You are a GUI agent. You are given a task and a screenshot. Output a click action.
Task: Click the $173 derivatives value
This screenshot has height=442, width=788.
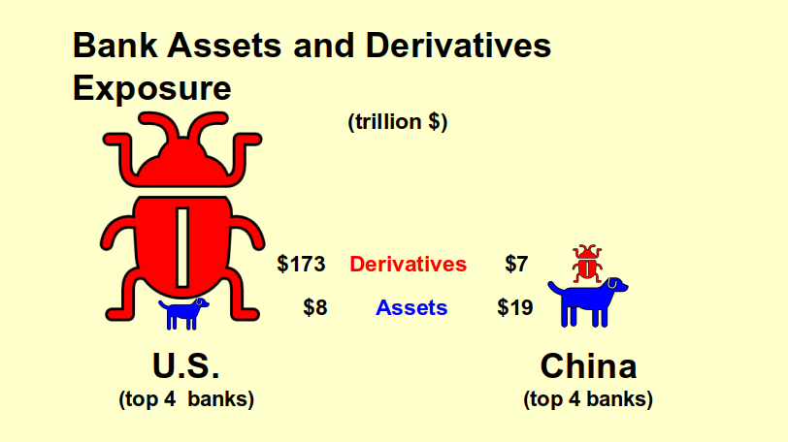(x=301, y=264)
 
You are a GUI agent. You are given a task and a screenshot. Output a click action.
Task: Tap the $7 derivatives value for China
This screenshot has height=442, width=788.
(x=516, y=264)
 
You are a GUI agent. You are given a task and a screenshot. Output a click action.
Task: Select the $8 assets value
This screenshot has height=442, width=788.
(x=315, y=307)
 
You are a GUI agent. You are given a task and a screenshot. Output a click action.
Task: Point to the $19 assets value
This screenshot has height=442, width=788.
(x=515, y=307)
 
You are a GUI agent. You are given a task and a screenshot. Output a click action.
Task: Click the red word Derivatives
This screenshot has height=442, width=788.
(x=408, y=264)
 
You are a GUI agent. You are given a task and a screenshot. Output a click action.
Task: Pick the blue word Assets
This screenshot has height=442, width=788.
(x=411, y=307)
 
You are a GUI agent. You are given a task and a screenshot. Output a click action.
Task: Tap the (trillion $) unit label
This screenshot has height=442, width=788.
(x=398, y=122)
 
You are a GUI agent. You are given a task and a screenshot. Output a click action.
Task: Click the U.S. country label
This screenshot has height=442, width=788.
(x=186, y=365)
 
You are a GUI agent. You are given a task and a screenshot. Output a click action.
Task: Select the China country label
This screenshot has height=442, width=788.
(x=588, y=365)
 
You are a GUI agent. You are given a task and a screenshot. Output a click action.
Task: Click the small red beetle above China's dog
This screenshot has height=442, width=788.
(x=587, y=264)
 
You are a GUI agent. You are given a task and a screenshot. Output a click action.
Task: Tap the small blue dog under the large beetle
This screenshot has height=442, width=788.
(x=183, y=313)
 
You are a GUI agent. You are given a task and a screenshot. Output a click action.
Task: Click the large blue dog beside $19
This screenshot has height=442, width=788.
(x=588, y=302)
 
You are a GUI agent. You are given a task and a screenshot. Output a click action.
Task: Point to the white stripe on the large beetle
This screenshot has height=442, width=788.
(x=182, y=247)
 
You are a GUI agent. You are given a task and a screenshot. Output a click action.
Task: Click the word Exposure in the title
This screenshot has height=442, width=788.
(x=151, y=88)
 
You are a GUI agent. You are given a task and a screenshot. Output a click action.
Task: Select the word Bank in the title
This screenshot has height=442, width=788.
(x=115, y=46)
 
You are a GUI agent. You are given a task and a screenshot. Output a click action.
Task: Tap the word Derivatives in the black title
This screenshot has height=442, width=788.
(x=458, y=46)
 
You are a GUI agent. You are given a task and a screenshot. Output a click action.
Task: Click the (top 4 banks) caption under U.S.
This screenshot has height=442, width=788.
(x=186, y=399)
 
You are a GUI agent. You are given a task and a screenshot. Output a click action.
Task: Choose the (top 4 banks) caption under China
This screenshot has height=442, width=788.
(x=588, y=399)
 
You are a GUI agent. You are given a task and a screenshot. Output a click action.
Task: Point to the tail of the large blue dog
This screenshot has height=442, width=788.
(x=555, y=288)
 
